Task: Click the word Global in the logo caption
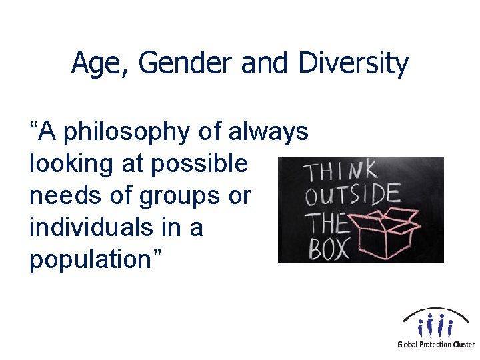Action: [x=407, y=345]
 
